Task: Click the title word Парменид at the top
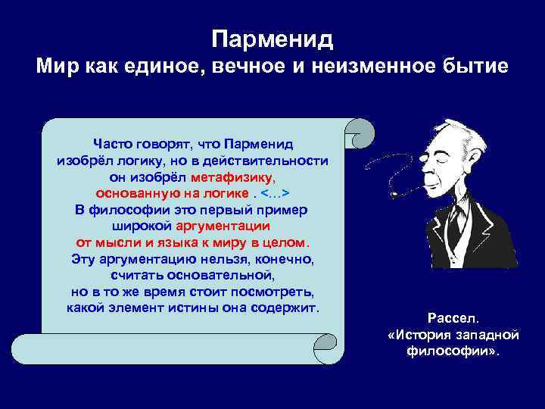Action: pos(272,38)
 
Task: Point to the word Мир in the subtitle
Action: pos(57,69)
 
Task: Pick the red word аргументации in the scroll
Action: pos(223,226)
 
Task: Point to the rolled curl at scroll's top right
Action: pos(359,134)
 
